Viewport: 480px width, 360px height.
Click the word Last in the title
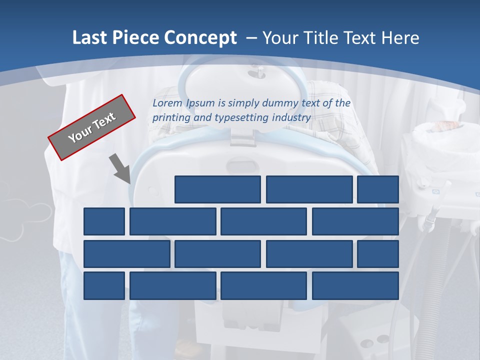coord(90,38)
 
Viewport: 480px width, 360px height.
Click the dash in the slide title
coord(252,38)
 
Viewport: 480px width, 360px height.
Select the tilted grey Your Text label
coord(91,127)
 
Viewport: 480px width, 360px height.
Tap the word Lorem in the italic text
coord(168,103)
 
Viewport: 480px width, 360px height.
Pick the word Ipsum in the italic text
coord(201,103)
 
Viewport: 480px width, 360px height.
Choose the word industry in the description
coord(291,118)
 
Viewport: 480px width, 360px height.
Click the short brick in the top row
coord(378,189)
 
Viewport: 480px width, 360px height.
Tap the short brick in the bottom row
coord(104,285)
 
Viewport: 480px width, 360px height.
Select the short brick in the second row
coord(104,221)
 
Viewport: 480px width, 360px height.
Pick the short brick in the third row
coord(378,253)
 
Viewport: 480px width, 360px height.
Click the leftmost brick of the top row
coord(217,189)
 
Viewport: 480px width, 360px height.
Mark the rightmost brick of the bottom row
coord(355,285)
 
